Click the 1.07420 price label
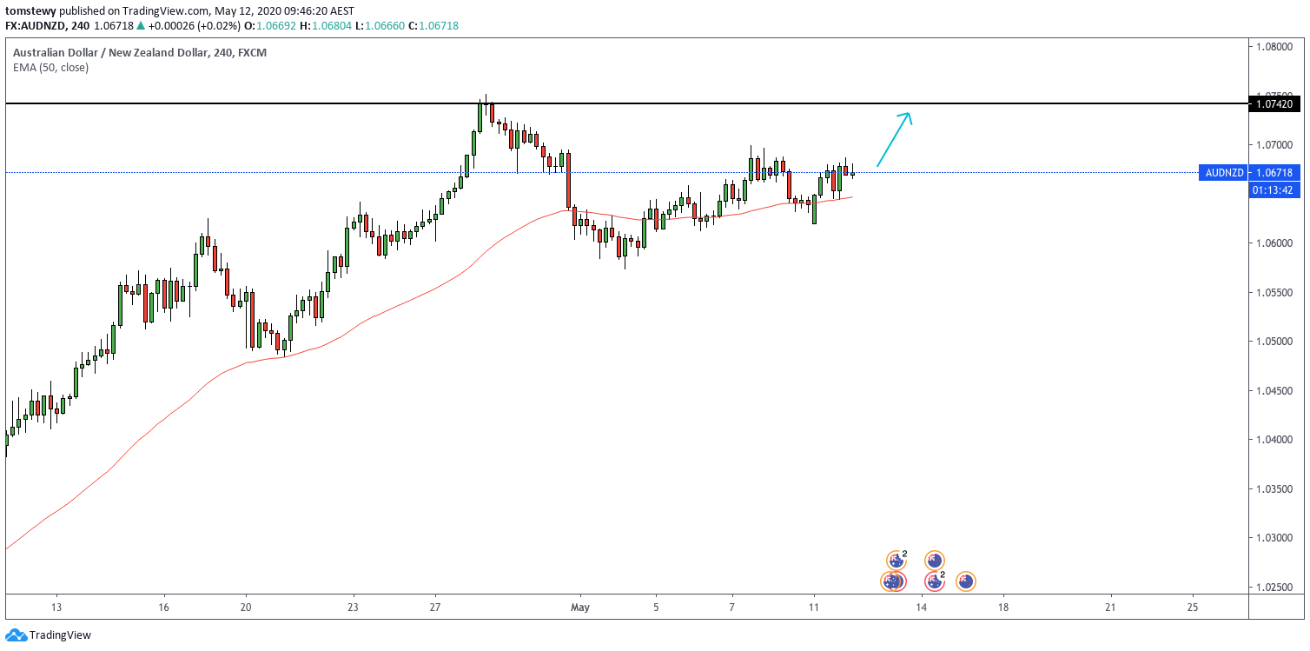1274,104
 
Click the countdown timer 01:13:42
1274,189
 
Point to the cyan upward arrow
894,138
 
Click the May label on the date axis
580,607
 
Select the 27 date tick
436,607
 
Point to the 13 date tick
56,607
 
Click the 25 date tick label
1193,607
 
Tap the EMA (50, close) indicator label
50,67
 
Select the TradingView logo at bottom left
48,635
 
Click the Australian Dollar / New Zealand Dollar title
109,52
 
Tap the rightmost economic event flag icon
966,581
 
